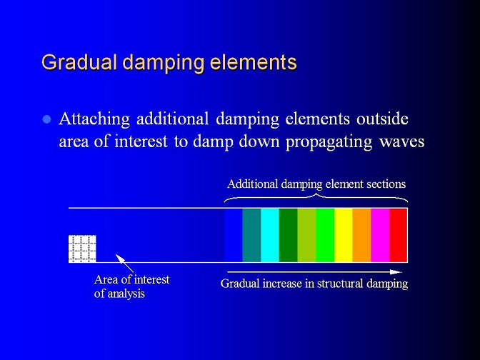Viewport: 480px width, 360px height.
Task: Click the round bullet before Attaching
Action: [46, 119]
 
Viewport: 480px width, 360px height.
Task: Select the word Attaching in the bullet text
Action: [94, 119]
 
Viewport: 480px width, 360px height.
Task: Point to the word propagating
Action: [329, 141]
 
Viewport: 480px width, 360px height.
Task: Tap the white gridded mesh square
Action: [82, 249]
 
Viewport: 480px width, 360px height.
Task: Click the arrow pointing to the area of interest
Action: [124, 263]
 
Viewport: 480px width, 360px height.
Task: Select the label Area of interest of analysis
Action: [131, 286]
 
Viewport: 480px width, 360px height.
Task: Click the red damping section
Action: [399, 235]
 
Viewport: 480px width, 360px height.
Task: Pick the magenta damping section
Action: [380, 235]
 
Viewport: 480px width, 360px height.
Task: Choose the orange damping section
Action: [362, 235]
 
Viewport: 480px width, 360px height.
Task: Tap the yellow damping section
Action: [344, 235]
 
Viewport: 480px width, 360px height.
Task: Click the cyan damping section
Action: [270, 235]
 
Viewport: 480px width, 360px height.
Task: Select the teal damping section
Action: [251, 235]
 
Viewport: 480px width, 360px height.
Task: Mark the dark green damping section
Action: [289, 235]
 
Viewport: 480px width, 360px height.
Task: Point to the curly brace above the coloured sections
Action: [316, 196]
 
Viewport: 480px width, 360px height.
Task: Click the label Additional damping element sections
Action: [316, 184]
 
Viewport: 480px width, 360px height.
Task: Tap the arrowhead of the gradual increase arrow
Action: [396, 272]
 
